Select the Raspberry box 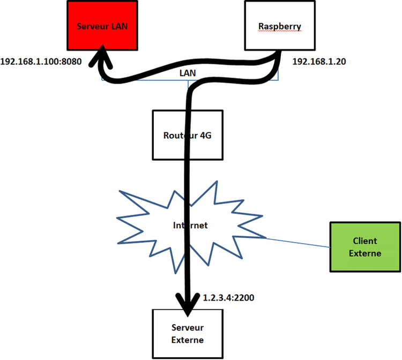[279, 25]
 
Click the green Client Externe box [364, 247]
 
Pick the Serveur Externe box [187, 333]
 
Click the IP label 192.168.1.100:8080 [41, 62]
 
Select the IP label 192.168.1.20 [319, 62]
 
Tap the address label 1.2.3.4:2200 [228, 296]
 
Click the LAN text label [188, 71]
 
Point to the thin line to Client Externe [297, 243]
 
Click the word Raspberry [280, 26]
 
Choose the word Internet [190, 225]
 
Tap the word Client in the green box [365, 242]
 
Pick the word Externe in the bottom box [188, 339]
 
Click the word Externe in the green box [365, 253]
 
